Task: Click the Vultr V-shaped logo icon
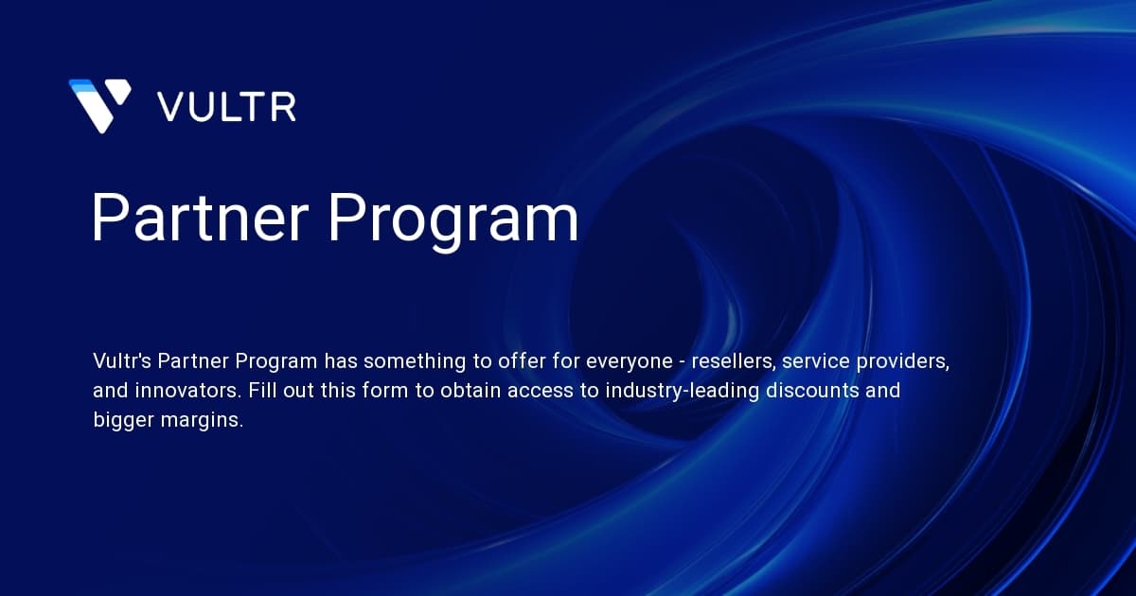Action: pos(99,105)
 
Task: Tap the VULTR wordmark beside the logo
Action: pos(227,106)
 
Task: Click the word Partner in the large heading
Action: pos(199,219)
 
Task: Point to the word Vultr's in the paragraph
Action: pos(122,360)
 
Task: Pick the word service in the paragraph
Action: pos(808,360)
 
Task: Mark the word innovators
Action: pos(186,391)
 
